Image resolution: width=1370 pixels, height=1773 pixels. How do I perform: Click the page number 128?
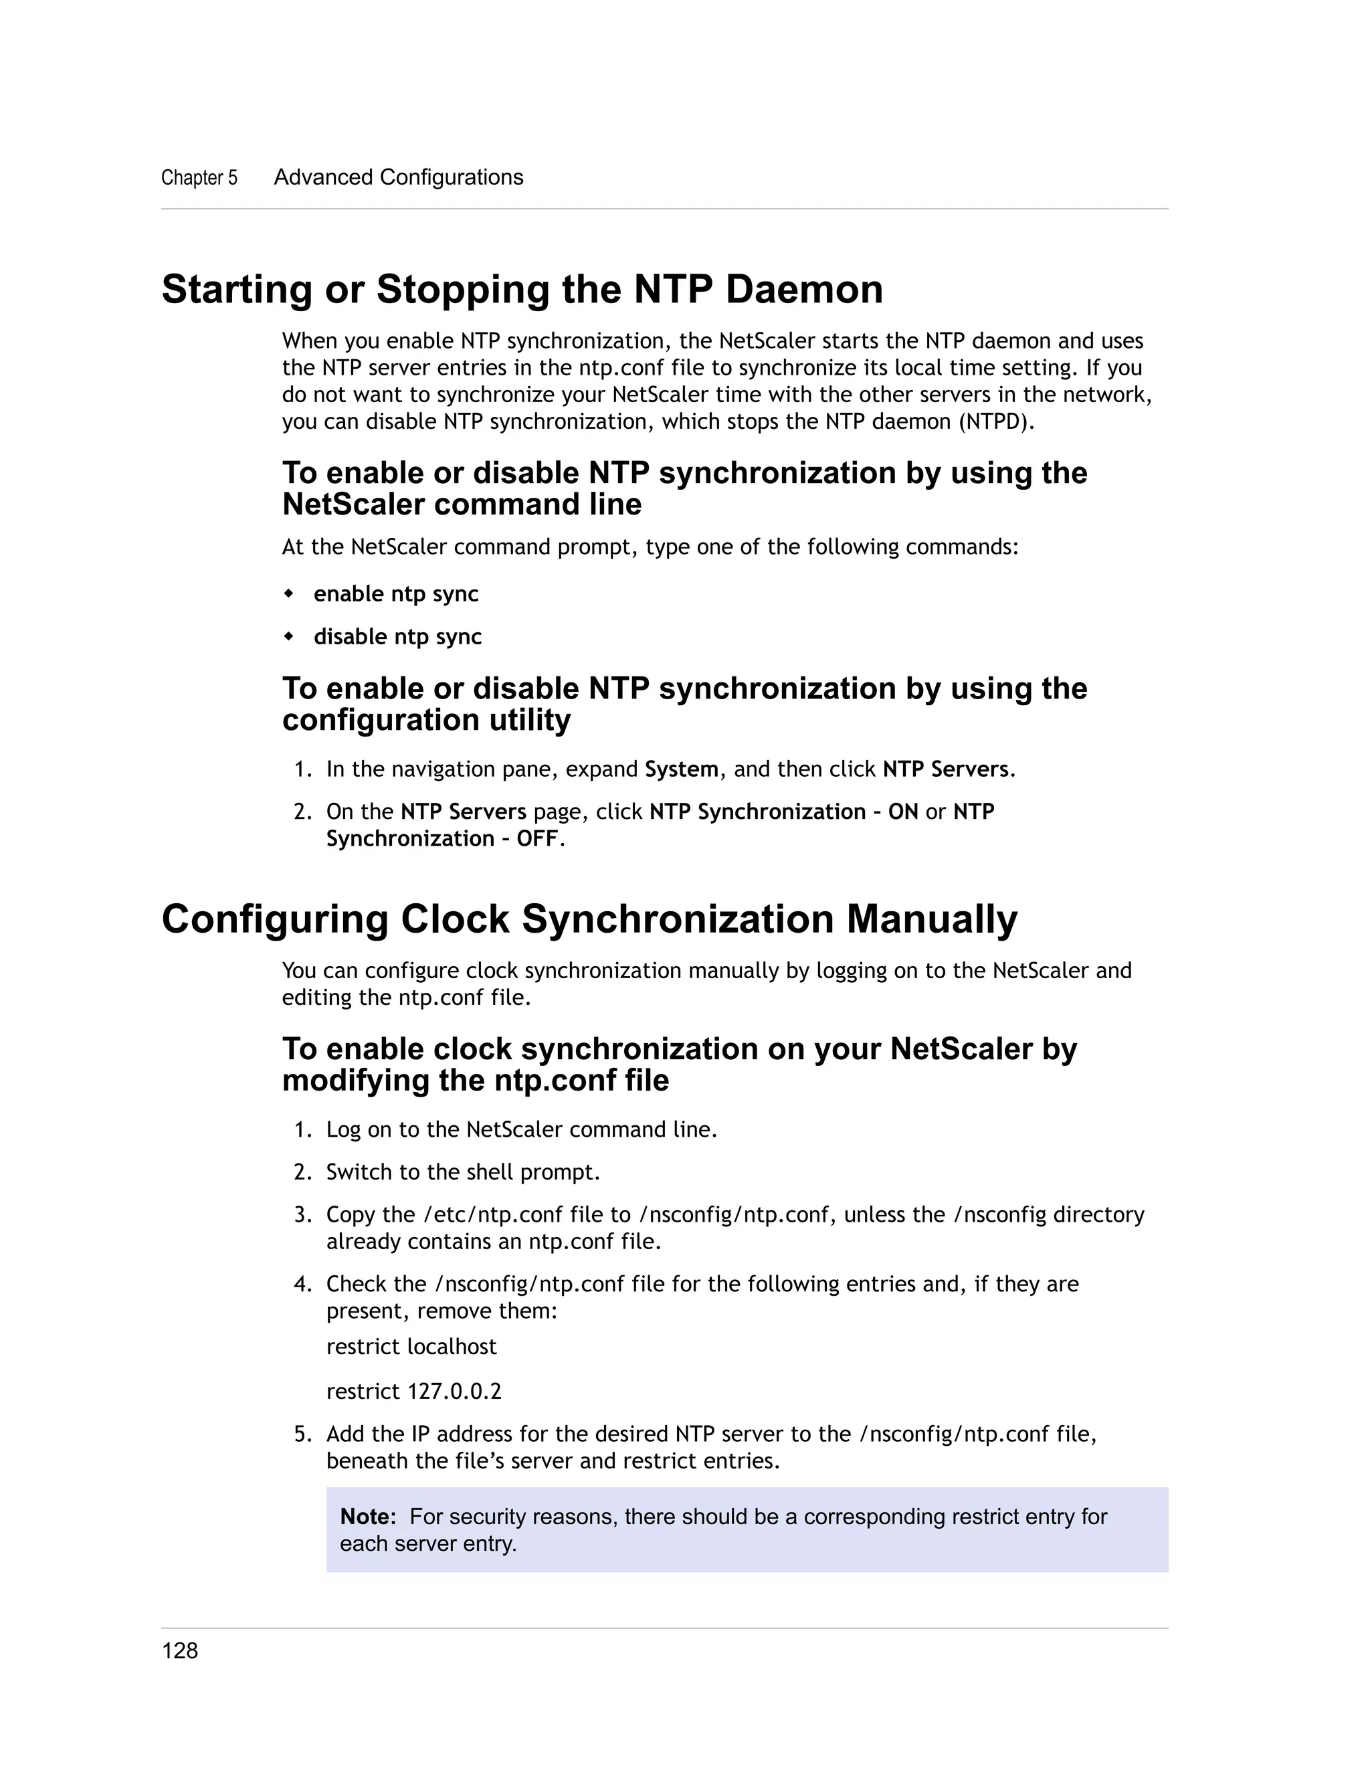point(179,1651)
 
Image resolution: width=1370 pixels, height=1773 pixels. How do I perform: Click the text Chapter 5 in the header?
point(199,178)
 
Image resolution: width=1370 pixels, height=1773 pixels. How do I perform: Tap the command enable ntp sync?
point(395,594)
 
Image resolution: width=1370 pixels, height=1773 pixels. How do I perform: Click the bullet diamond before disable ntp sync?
point(288,636)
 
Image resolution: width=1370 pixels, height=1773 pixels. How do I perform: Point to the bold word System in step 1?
point(681,769)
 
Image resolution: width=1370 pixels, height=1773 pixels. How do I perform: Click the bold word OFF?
point(536,838)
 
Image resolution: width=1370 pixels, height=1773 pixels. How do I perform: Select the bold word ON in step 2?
point(902,812)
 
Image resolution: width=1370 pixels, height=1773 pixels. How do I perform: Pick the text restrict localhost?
point(411,1347)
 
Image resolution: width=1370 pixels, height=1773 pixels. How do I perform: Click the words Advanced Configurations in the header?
point(399,178)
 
